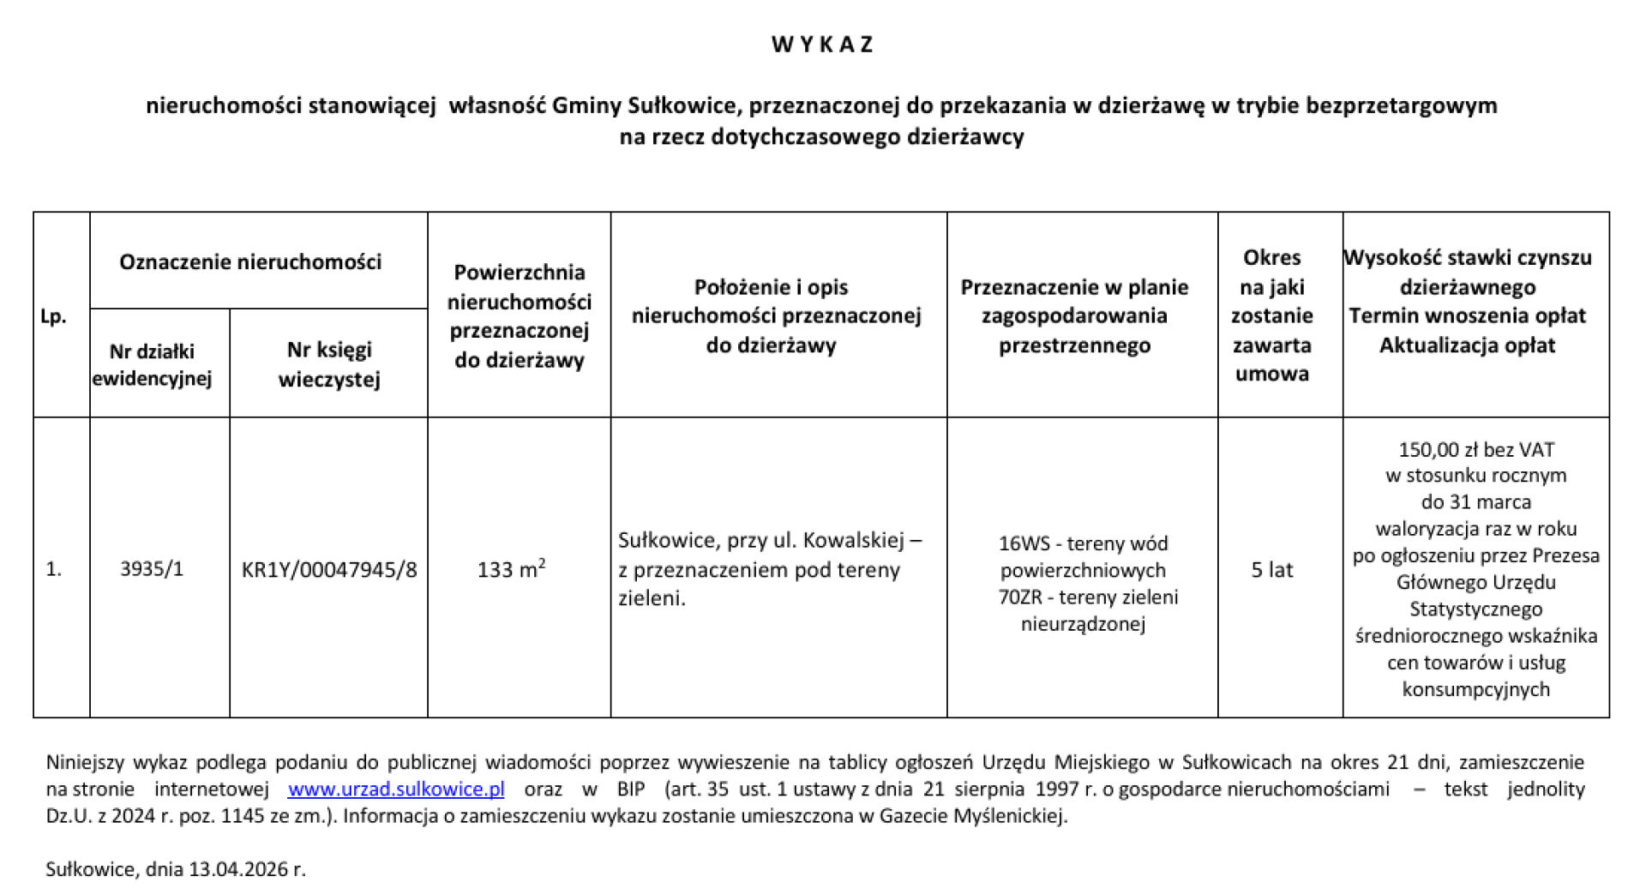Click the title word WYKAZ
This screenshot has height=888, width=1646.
coord(822,45)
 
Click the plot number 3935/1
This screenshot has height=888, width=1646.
coord(152,569)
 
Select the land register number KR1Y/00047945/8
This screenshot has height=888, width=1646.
coord(329,570)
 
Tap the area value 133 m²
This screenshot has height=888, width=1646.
coord(511,570)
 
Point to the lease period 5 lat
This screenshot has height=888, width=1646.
coord(1271,570)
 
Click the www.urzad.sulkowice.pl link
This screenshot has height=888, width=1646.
coord(396,789)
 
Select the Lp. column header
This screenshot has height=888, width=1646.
coord(53,316)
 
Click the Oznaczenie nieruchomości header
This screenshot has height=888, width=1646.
coord(250,262)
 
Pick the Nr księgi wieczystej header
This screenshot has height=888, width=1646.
coord(329,364)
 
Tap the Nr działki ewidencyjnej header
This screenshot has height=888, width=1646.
coord(152,365)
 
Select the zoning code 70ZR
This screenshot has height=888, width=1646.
coord(1020,597)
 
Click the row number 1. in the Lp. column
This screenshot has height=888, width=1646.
coord(54,569)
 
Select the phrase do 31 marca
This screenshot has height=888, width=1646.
coord(1475,502)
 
